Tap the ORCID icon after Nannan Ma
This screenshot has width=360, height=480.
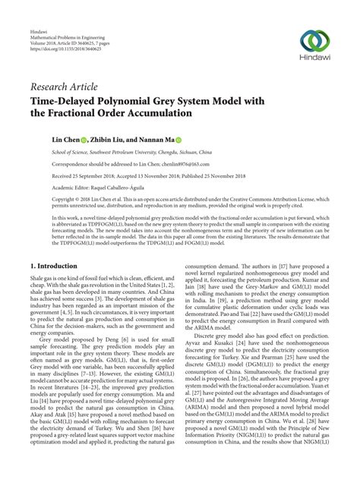(x=178, y=141)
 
